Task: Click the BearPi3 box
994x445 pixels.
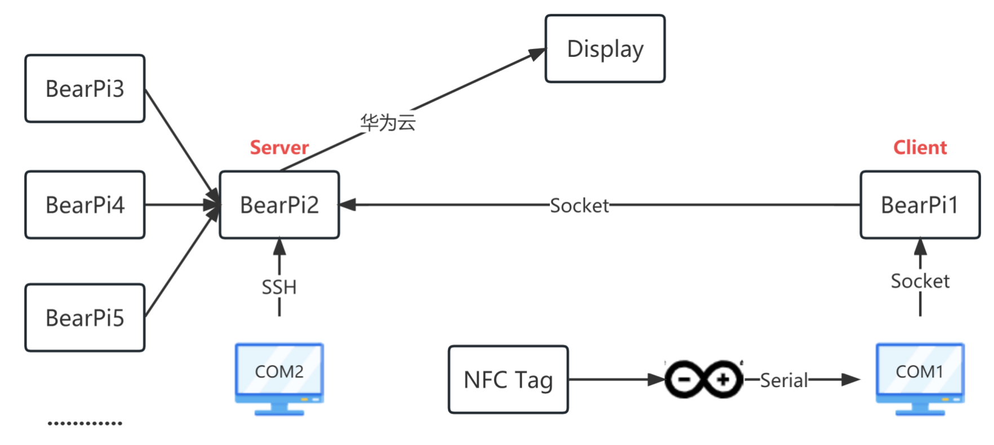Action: [85, 88]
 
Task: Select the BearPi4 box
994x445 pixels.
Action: [85, 205]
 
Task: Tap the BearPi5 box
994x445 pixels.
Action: [85, 318]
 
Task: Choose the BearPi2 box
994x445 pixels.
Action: [279, 205]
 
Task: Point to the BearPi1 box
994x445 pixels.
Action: [920, 205]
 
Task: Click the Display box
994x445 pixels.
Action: [605, 49]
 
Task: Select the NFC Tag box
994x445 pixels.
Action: [508, 380]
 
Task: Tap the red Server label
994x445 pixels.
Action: [279, 148]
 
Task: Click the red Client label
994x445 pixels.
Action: [920, 148]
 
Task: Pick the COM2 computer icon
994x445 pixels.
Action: [279, 377]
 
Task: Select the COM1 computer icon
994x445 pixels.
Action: [920, 377]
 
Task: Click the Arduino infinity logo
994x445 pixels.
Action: [704, 379]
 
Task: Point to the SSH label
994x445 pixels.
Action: [279, 287]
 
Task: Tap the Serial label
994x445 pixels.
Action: [784, 381]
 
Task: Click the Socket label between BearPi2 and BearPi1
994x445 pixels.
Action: [579, 206]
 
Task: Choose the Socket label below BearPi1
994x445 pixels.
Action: [920, 281]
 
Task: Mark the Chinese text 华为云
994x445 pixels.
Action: [388, 122]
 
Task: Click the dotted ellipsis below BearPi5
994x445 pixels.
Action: [85, 423]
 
